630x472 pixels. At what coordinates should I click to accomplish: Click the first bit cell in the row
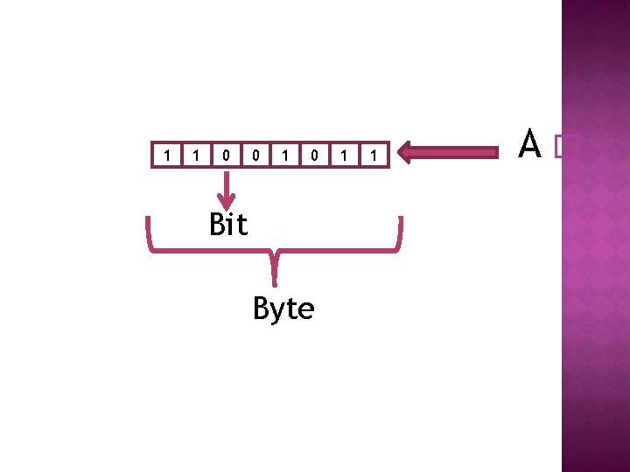(x=166, y=155)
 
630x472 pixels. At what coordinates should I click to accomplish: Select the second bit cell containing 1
(x=196, y=155)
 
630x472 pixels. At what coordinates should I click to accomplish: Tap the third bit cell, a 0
(x=226, y=155)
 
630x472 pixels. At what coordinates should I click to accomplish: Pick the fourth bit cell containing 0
(x=255, y=155)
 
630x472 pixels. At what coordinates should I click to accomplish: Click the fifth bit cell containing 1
(x=284, y=155)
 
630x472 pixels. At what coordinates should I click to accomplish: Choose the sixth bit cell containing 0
(x=314, y=155)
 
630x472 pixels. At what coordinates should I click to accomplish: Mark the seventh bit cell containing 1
(x=344, y=155)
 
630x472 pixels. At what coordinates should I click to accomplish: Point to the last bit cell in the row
(x=374, y=155)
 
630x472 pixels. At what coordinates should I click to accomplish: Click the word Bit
(x=228, y=225)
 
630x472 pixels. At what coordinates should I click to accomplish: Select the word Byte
(x=283, y=309)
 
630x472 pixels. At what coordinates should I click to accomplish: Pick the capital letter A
(x=528, y=145)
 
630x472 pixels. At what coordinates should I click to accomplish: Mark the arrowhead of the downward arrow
(x=227, y=202)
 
